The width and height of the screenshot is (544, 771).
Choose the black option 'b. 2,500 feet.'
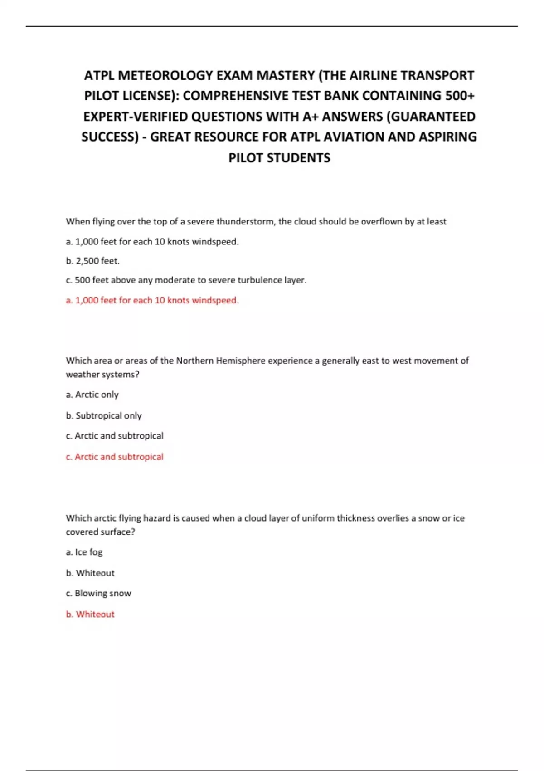click(92, 261)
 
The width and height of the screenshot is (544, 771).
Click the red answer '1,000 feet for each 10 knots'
click(152, 300)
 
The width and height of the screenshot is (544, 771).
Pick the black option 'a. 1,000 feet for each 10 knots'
click(152, 242)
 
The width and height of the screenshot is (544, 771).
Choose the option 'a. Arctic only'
click(92, 395)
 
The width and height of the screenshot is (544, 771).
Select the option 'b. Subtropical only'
click(104, 415)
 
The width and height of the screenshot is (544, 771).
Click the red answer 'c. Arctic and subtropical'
click(115, 457)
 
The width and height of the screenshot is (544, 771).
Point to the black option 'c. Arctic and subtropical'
click(115, 436)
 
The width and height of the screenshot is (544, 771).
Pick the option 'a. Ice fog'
click(84, 552)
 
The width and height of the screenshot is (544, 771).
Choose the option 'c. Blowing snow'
click(98, 593)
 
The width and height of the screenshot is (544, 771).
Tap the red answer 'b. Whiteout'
click(90, 614)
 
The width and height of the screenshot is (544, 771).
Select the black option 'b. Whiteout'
click(90, 573)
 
